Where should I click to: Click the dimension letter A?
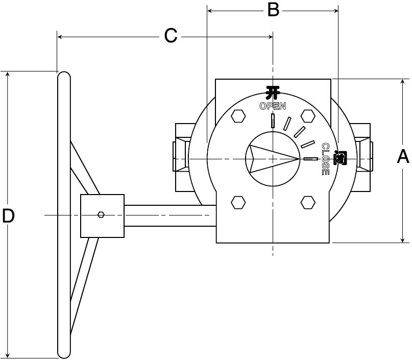coord(403,156)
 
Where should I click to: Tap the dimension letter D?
coord(8,215)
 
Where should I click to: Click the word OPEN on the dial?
coord(273,106)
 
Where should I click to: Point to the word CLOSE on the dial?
coord(326,159)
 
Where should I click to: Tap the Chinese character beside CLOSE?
coord(340,158)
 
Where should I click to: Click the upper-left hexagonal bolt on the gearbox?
coord(238,116)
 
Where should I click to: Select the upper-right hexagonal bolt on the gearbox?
coord(308,116)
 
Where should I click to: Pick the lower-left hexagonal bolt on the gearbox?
coord(238,203)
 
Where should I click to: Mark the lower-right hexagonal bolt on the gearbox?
coord(308,203)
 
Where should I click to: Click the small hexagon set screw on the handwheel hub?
coord(101,214)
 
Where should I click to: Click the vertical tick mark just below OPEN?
coord(273,121)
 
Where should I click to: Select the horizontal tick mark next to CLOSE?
coord(311,159)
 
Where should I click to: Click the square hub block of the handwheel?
coord(102,216)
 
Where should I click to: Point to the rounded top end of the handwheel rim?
coord(64,75)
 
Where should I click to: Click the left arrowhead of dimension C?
coord(60,37)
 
